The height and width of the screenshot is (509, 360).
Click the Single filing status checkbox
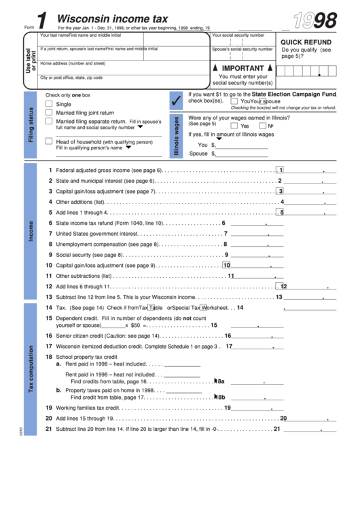click(x=48, y=104)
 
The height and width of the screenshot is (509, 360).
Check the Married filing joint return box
click(x=48, y=113)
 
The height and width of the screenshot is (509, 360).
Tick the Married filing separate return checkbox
click(x=48, y=122)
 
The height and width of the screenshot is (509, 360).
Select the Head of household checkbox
click(x=48, y=141)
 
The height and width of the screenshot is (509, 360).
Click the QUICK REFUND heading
click(x=306, y=42)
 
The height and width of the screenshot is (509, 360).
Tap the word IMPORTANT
click(x=242, y=69)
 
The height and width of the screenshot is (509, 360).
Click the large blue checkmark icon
click(x=176, y=102)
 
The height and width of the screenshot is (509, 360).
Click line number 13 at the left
click(x=48, y=297)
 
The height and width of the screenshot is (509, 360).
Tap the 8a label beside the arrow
click(x=221, y=381)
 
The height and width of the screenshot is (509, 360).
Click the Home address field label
click(x=73, y=63)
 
